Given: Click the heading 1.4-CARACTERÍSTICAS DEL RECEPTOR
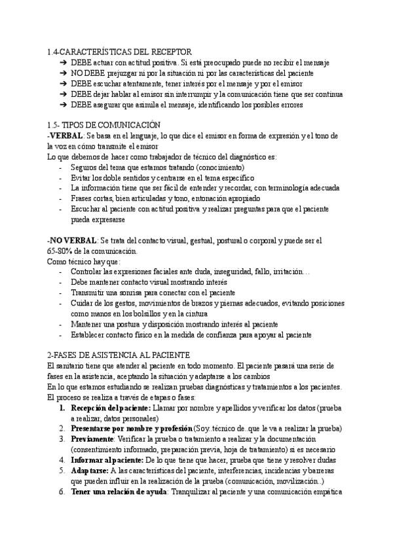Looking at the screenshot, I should (x=119, y=51).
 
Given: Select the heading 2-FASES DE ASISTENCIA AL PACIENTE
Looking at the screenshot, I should (x=119, y=354).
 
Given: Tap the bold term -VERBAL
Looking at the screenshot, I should (x=65, y=135).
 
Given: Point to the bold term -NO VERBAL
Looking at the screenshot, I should (x=72, y=240).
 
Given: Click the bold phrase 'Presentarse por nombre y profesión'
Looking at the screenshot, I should (x=130, y=428).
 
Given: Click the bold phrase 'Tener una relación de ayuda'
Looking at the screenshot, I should (x=119, y=492).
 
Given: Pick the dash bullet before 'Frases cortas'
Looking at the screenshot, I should (x=61, y=198).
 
